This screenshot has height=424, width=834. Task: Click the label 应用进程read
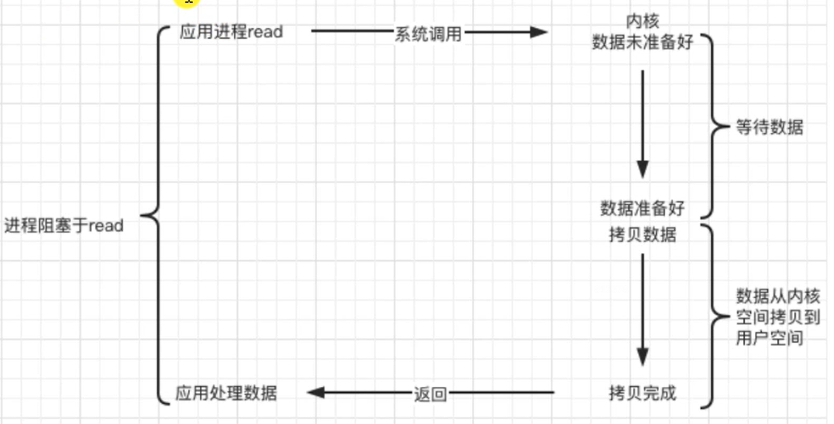231,32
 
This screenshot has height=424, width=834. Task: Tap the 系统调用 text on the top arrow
428,34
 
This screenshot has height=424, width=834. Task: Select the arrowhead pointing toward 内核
539,33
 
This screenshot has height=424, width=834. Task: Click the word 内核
643,21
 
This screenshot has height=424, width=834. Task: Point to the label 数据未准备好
643,42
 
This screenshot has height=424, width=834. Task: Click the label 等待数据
769,127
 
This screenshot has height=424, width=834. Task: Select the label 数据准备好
643,208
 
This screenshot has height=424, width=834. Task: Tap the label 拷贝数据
643,235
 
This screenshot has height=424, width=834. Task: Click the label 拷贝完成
643,393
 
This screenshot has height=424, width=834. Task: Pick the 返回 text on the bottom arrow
430,394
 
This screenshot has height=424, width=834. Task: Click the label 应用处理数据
226,393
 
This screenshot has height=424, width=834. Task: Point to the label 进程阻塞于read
64,225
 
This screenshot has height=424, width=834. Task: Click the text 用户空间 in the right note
769,338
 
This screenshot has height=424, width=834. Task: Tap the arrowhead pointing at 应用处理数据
315,392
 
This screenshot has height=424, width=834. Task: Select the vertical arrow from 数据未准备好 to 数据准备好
643,125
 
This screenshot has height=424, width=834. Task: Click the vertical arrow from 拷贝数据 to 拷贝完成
643,310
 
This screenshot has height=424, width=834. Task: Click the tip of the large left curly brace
141,215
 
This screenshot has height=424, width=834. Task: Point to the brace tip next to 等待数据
729,126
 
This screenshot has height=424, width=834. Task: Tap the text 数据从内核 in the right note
778,296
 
